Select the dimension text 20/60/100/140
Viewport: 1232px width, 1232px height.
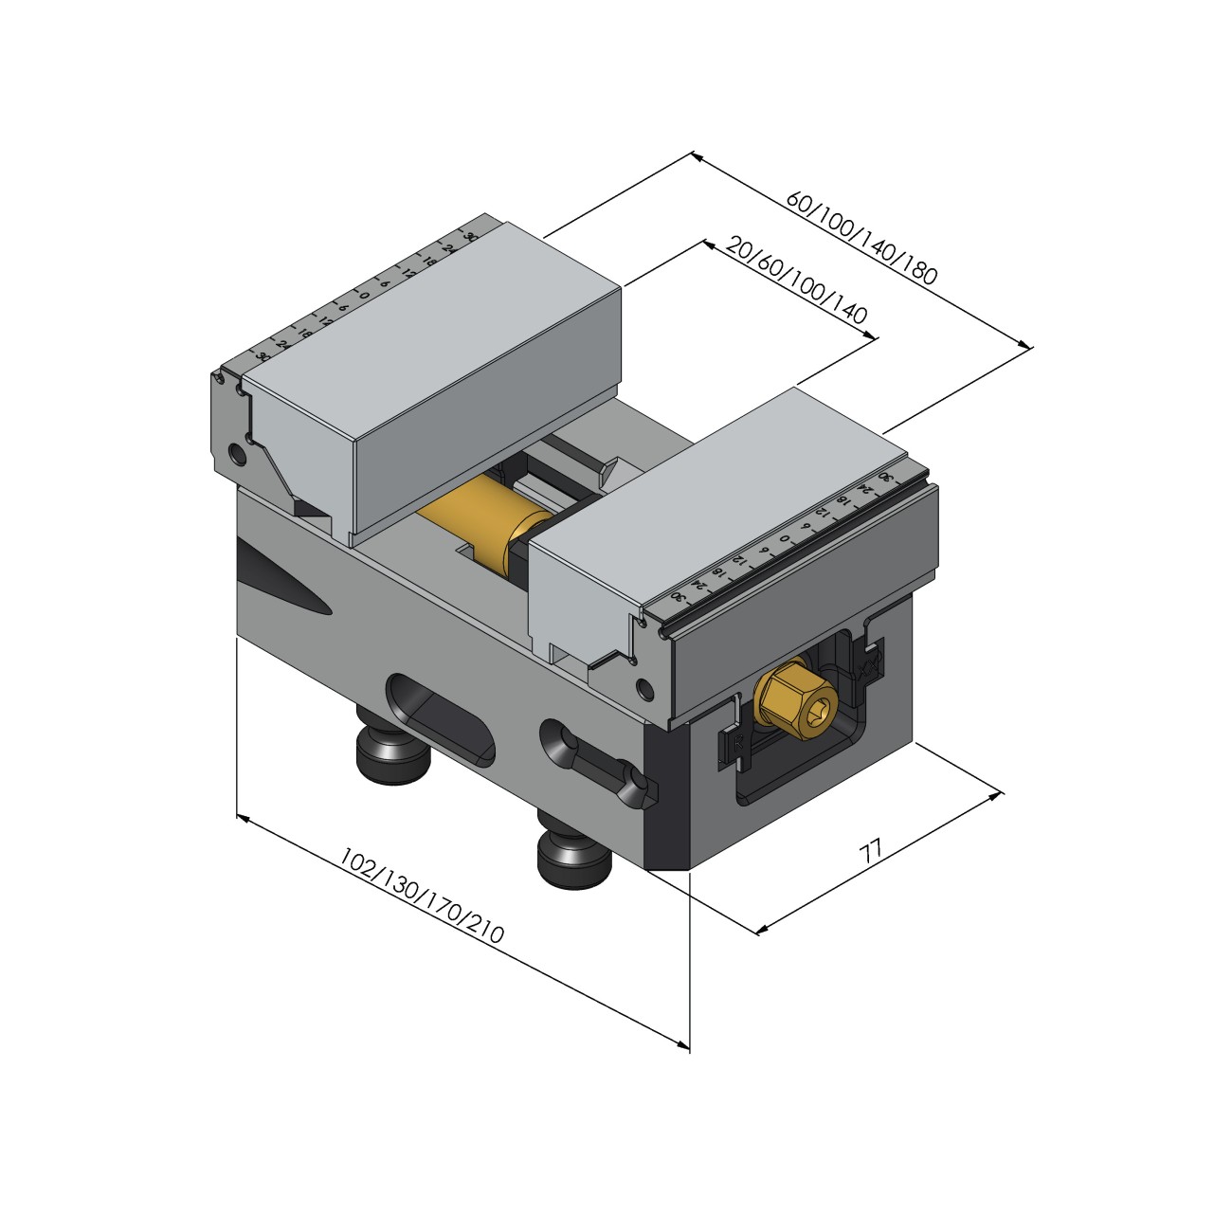[796, 280]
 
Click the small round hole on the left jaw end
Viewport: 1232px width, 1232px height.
[236, 456]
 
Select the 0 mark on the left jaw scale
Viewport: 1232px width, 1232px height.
[364, 295]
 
